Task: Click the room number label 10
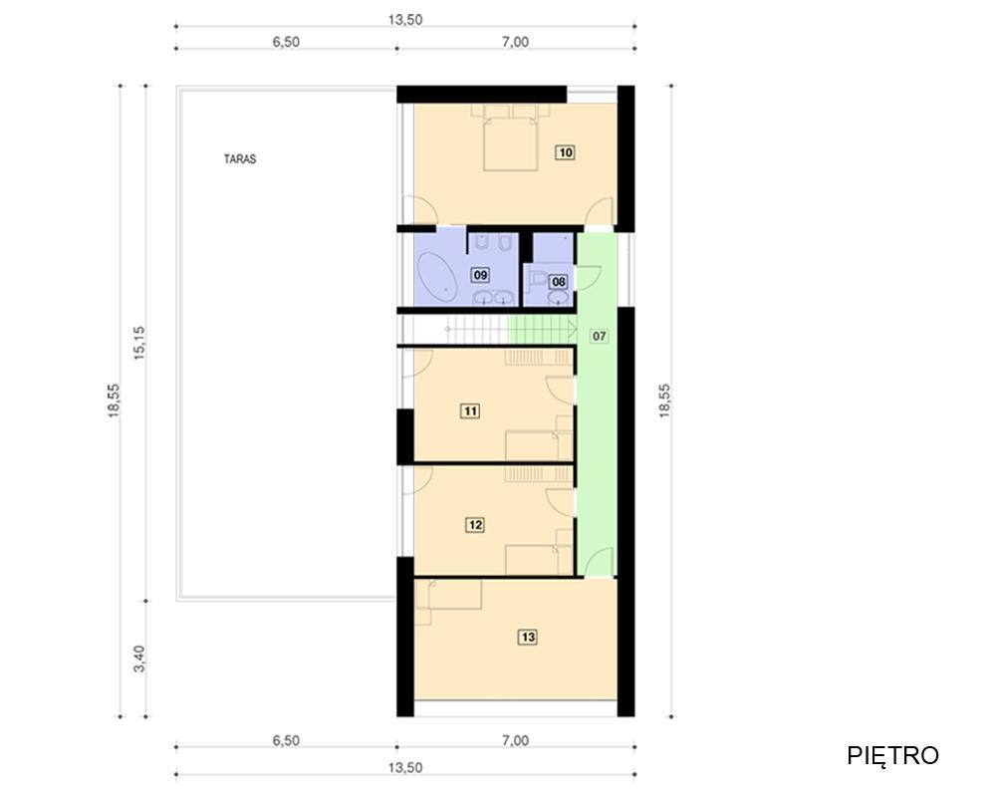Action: point(565,151)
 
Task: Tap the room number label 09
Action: point(480,275)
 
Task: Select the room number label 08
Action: point(559,281)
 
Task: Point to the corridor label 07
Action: point(599,336)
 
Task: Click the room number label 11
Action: point(470,410)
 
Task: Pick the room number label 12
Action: point(474,525)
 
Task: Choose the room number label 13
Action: point(528,637)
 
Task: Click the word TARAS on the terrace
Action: point(240,158)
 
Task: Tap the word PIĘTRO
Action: point(892,755)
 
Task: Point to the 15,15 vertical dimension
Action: point(139,343)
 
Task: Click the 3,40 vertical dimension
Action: point(139,659)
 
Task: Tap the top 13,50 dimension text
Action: point(405,19)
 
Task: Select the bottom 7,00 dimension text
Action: point(515,740)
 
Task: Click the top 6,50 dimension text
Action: point(286,42)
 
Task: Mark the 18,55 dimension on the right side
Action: point(665,400)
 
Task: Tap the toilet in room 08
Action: point(536,277)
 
